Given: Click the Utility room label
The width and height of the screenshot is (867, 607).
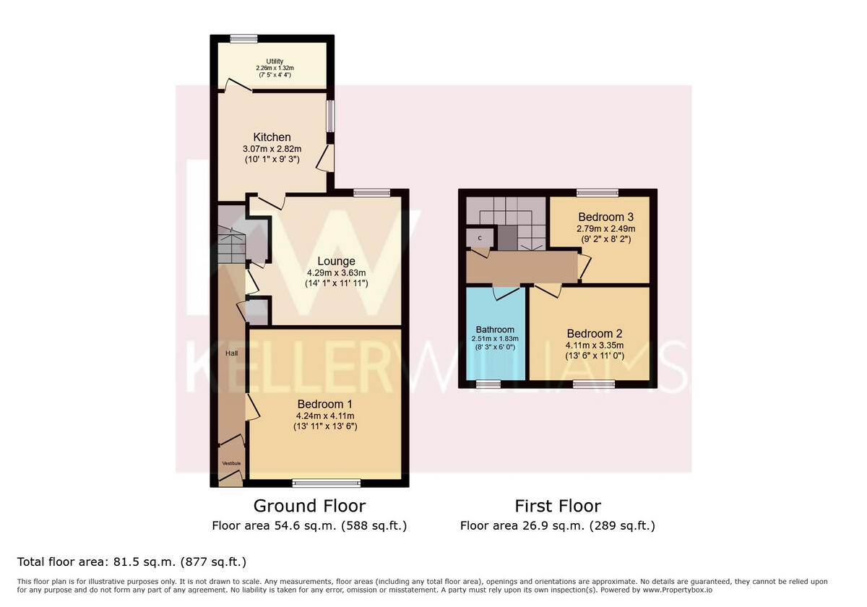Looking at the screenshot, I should pos(275,61).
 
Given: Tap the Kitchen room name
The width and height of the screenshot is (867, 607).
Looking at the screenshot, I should pos(272,137).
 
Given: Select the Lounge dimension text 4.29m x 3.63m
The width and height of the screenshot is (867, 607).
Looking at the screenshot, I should pos(337,273).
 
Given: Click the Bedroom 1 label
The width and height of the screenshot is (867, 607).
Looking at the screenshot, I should pos(324,403).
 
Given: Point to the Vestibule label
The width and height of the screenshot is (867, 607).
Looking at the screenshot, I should pos(231,463).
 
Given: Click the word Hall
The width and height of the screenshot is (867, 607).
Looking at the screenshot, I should pos(231,353).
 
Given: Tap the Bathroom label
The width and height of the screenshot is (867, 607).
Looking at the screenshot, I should pos(495,330).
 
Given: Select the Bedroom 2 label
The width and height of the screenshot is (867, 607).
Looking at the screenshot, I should pos(594,334).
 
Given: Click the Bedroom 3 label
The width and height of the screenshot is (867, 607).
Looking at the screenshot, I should pos(600,217).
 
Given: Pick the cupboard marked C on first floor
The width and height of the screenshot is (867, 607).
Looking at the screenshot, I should pos(479,237).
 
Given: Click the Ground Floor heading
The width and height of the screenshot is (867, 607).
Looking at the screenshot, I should pos(309,506).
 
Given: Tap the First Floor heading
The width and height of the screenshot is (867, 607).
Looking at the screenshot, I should pos(557,506).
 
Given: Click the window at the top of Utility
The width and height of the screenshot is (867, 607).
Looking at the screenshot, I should pos(243,39).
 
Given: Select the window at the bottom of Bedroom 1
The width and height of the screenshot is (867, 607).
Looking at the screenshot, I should pos(326,483).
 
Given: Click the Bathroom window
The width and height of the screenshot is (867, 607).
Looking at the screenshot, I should pos(489,384).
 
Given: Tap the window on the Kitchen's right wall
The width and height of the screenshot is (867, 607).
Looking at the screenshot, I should pos(330,116).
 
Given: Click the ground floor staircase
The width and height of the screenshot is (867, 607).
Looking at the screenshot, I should pos(231,246).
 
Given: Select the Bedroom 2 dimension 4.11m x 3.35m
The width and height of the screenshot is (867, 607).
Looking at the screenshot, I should pos(594,346).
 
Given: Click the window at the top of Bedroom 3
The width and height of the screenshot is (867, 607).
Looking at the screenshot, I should pos(598,193).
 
